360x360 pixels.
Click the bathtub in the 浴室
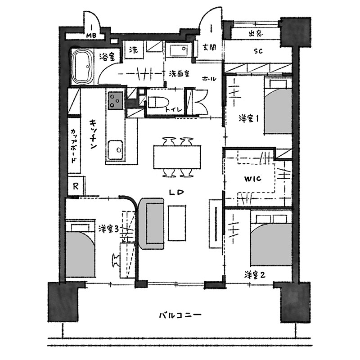(x=83, y=67)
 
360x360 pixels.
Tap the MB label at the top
(x=91, y=36)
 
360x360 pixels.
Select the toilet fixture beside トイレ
(x=158, y=103)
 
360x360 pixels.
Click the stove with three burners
(x=116, y=100)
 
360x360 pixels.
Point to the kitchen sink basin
(x=115, y=150)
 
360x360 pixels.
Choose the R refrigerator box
(x=76, y=186)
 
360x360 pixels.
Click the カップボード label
(x=74, y=146)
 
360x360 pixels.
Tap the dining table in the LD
(x=177, y=157)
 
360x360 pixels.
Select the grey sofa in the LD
(x=152, y=223)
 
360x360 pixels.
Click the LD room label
(x=176, y=193)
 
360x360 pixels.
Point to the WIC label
(x=252, y=178)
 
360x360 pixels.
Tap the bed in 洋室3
(x=81, y=248)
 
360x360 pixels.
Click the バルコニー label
(x=180, y=315)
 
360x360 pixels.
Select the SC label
(x=258, y=51)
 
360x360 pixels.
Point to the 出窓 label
(x=256, y=34)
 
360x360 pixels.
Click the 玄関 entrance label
(x=209, y=47)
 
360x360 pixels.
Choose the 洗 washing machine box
(x=133, y=49)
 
